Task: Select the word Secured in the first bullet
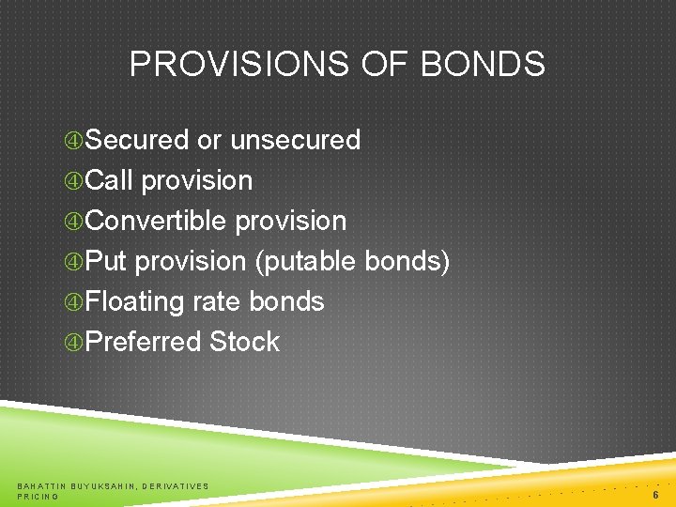click(x=137, y=140)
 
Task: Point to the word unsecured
click(x=295, y=140)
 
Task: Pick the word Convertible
click(x=156, y=221)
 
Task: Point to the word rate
click(x=217, y=301)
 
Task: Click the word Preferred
click(x=144, y=342)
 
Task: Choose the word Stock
click(x=244, y=342)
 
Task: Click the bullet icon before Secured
click(x=74, y=141)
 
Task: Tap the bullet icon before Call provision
click(x=74, y=181)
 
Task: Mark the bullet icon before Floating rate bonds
click(x=74, y=302)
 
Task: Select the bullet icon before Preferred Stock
click(x=74, y=343)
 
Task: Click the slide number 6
click(x=654, y=494)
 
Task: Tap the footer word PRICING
click(x=38, y=496)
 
